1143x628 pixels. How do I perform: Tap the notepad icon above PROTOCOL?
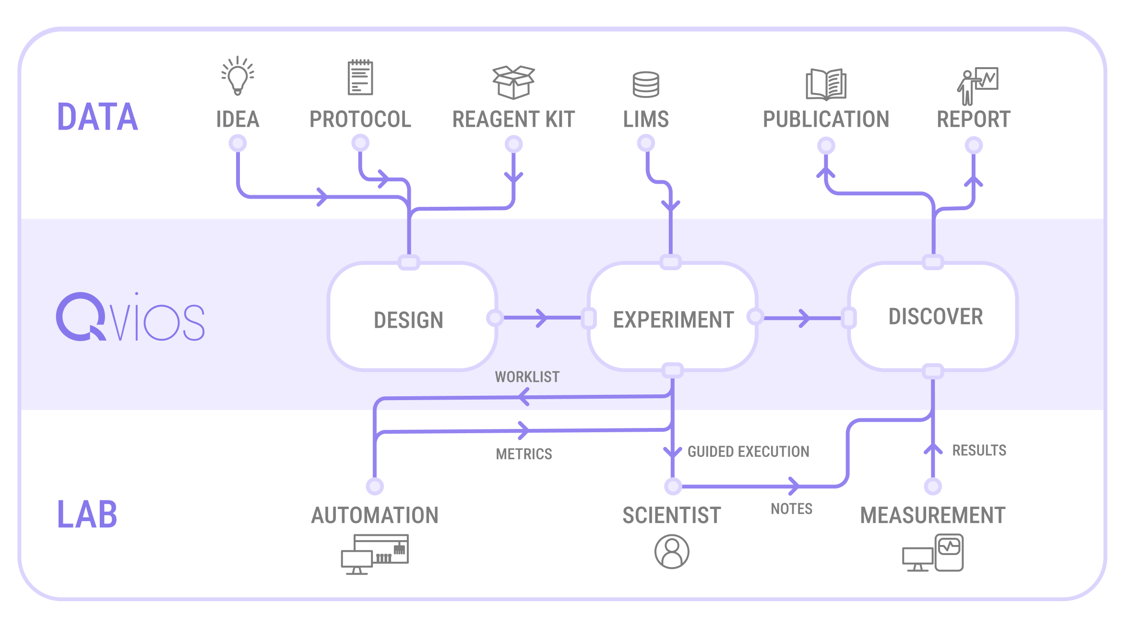(360, 78)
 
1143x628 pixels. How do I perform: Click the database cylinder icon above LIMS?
(646, 85)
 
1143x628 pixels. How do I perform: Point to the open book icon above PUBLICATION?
(826, 85)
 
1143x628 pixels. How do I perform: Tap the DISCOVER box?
(934, 317)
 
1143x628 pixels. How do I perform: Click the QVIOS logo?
(130, 318)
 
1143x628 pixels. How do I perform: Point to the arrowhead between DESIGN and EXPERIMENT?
(542, 318)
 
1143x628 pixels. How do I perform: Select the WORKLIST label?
(527, 377)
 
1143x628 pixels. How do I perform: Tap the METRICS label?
(524, 454)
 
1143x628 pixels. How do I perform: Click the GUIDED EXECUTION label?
(748, 451)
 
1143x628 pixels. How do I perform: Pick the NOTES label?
(791, 509)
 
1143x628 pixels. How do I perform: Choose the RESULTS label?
(979, 450)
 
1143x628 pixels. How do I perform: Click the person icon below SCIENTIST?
(672, 552)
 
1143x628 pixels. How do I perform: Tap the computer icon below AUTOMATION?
(375, 554)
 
